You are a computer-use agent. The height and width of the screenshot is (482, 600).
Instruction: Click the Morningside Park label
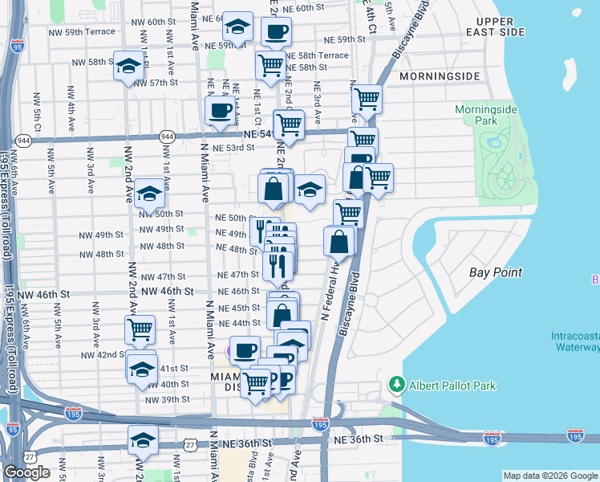coord(487,115)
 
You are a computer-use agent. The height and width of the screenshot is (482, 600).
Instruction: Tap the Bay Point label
coord(496,273)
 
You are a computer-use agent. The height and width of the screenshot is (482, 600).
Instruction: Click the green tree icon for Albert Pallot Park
coord(395,385)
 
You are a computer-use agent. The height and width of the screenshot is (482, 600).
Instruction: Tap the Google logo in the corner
coord(26,472)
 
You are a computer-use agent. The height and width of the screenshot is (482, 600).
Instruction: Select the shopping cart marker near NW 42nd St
coord(140,329)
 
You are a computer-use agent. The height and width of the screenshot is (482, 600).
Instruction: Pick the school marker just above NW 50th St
coord(148,193)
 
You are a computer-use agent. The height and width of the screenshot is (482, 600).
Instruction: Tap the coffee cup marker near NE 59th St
coord(276,32)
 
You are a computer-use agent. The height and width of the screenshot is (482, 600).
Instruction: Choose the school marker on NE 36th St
coord(142,440)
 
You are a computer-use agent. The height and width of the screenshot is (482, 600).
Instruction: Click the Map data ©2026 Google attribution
coord(549,476)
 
